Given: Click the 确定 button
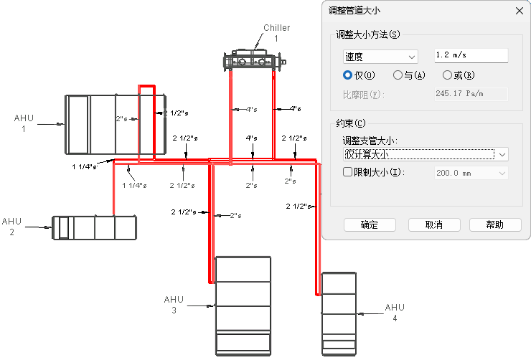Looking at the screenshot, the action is [370, 224].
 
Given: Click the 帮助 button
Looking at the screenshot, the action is [495, 224].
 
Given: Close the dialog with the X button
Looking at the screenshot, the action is [519, 11].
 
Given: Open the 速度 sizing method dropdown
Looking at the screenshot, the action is [380, 57].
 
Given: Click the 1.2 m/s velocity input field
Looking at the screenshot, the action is [471, 55].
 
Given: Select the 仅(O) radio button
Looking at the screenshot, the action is [347, 75].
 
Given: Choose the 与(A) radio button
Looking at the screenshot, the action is [398, 75].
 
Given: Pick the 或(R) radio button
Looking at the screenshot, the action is [447, 75].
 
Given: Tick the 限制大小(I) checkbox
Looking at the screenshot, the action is [347, 172].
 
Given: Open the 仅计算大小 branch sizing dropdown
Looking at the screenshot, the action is [426, 155].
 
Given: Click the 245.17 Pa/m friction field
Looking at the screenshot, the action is [471, 94].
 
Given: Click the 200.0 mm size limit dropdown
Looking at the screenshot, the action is [471, 174].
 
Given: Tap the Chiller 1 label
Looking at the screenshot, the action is [277, 33].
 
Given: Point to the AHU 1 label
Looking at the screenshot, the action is [24, 123].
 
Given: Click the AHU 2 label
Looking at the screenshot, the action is [12, 227].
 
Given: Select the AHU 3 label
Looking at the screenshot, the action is [174, 305].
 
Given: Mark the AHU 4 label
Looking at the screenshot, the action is [395, 312].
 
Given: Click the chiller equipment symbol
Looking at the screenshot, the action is [254, 60].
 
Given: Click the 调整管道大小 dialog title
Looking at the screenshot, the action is [354, 11].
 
